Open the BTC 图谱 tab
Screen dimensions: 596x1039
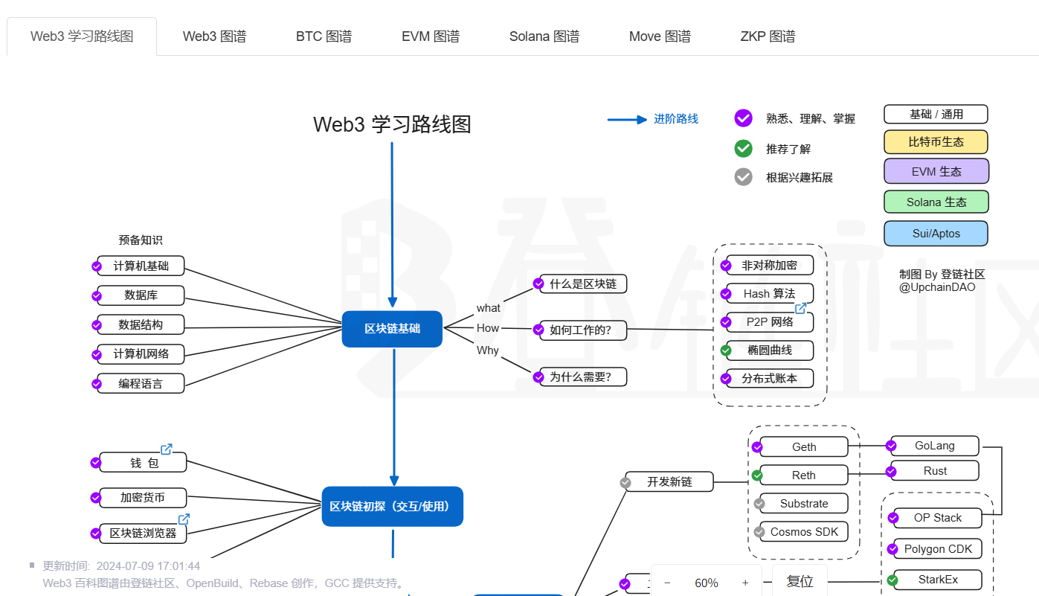point(324,36)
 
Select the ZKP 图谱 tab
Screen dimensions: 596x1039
point(768,36)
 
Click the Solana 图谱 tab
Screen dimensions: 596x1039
point(544,36)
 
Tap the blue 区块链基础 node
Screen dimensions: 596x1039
point(392,329)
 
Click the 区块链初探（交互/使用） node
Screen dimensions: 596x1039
point(392,507)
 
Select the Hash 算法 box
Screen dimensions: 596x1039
point(769,294)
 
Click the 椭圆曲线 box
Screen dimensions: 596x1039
point(769,350)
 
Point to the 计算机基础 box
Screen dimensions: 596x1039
point(141,266)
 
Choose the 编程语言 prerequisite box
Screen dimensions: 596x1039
point(141,384)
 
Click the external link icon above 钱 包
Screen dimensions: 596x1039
point(167,449)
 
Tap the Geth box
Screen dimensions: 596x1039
point(804,447)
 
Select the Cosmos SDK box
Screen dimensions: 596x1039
point(804,532)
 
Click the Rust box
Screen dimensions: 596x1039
point(935,471)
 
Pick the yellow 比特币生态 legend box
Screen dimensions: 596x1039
point(936,142)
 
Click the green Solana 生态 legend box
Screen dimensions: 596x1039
point(936,202)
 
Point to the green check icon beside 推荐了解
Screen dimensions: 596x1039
point(743,149)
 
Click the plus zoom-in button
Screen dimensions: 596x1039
point(745,583)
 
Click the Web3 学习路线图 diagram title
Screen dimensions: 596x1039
point(392,124)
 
